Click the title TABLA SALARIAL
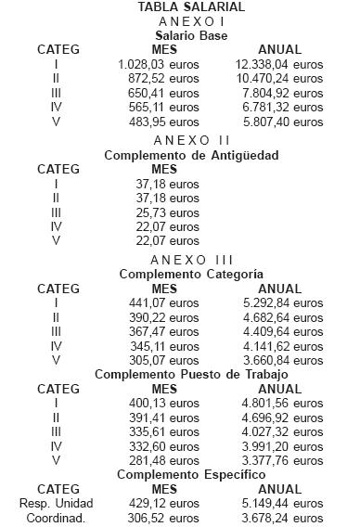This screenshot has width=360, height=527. tap(179, 7)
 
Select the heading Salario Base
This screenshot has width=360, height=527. tap(179, 36)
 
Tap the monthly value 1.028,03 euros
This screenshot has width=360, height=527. tap(159, 65)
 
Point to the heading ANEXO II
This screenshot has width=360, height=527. tap(179, 140)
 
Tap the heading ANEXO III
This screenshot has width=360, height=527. tap(181, 259)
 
